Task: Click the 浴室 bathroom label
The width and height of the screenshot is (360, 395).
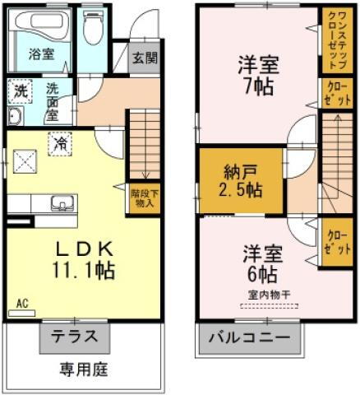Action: click(x=40, y=55)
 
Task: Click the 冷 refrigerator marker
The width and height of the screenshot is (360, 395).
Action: click(x=62, y=142)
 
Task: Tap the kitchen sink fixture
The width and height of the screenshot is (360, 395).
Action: click(x=61, y=203)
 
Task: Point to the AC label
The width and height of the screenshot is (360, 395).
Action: click(x=22, y=304)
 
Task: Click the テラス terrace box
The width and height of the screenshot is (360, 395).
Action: click(x=74, y=337)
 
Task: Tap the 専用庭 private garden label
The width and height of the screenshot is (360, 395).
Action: click(x=82, y=367)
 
